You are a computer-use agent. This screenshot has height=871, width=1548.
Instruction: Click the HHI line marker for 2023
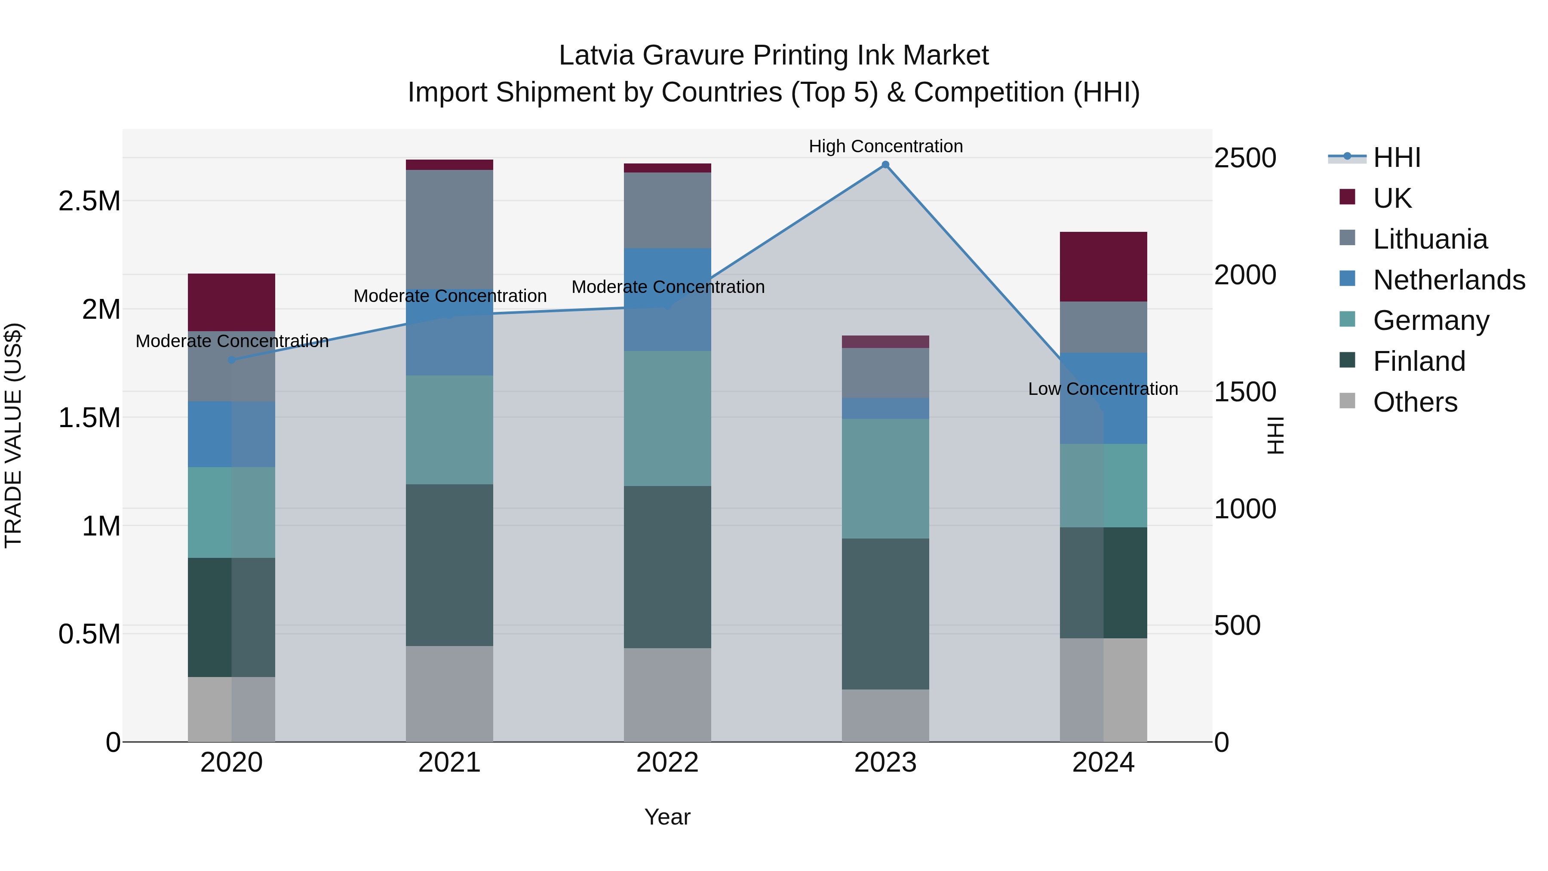[885, 165]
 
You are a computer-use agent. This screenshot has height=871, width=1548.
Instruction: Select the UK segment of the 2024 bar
[1103, 266]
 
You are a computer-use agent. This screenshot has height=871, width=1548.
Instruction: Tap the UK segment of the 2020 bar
[231, 302]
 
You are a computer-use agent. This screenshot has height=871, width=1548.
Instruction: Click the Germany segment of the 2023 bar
[885, 478]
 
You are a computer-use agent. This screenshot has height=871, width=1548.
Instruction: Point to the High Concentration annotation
[885, 146]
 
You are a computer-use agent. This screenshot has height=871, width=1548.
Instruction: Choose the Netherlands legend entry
[1448, 280]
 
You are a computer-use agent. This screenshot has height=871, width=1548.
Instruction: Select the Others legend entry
[1415, 402]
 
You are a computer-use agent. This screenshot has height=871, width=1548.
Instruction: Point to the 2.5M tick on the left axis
[89, 201]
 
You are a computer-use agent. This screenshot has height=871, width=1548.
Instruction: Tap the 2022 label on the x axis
[667, 763]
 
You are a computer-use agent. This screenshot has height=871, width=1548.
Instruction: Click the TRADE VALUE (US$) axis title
[13, 435]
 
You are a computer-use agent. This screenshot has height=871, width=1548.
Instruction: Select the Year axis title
[667, 817]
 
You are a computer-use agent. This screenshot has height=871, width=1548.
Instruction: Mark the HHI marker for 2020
[231, 360]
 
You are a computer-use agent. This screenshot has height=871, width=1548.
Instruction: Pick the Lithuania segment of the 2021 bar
[449, 228]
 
